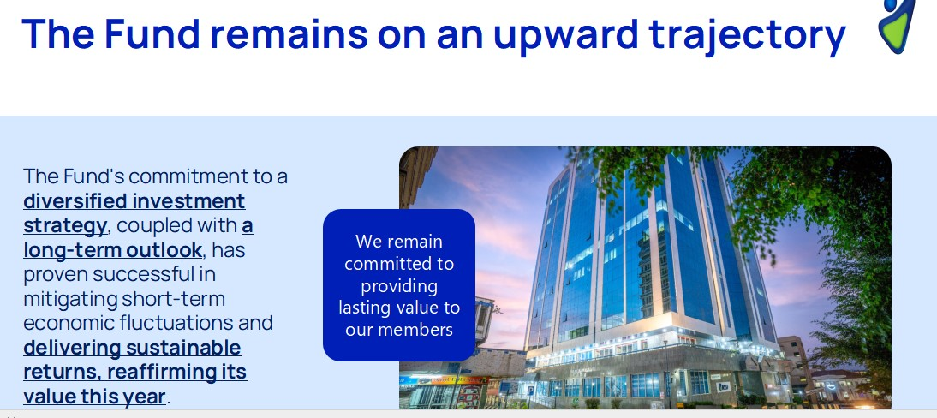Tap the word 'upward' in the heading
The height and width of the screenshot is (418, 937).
[x=565, y=34]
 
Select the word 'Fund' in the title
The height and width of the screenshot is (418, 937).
[x=152, y=33]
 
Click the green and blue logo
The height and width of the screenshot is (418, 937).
[x=897, y=26]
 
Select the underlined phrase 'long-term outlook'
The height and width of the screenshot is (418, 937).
[x=112, y=250]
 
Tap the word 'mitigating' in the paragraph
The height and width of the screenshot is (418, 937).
[x=70, y=299]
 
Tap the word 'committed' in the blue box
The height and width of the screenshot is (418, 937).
[x=399, y=264]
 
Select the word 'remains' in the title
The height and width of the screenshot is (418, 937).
[x=288, y=33]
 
